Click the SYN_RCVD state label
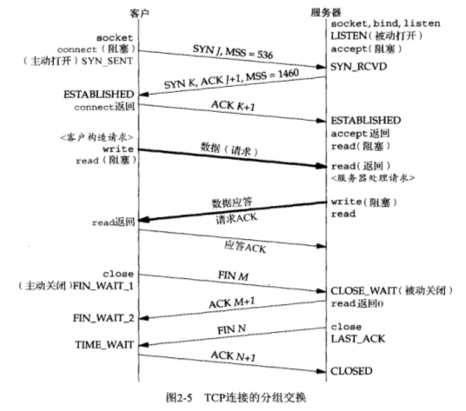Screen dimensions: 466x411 [x=359, y=67]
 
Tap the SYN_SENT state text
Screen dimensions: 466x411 [x=107, y=61]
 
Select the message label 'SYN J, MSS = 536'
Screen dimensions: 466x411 [x=233, y=51]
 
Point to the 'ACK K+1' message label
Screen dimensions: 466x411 [x=233, y=105]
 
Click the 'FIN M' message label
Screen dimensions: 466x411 [x=233, y=275]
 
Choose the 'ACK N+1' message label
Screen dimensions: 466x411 [x=233, y=355]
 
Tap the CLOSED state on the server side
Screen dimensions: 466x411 [x=351, y=371]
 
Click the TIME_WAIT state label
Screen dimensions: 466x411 [x=104, y=345]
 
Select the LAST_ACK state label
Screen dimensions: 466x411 [x=358, y=339]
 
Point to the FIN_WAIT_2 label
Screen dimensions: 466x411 [x=103, y=318]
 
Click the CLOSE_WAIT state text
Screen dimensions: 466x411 [x=363, y=290]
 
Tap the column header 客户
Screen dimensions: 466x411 [x=139, y=13]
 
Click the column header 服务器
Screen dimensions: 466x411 [x=326, y=12]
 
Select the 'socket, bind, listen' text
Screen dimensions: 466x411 [x=385, y=23]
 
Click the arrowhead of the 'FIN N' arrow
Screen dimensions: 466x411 [x=143, y=345]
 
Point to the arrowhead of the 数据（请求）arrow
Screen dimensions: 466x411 [x=321, y=166]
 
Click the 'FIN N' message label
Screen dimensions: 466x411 [x=232, y=329]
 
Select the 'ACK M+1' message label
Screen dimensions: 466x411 [x=232, y=303]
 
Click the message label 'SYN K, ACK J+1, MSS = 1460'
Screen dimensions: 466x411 [x=231, y=79]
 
